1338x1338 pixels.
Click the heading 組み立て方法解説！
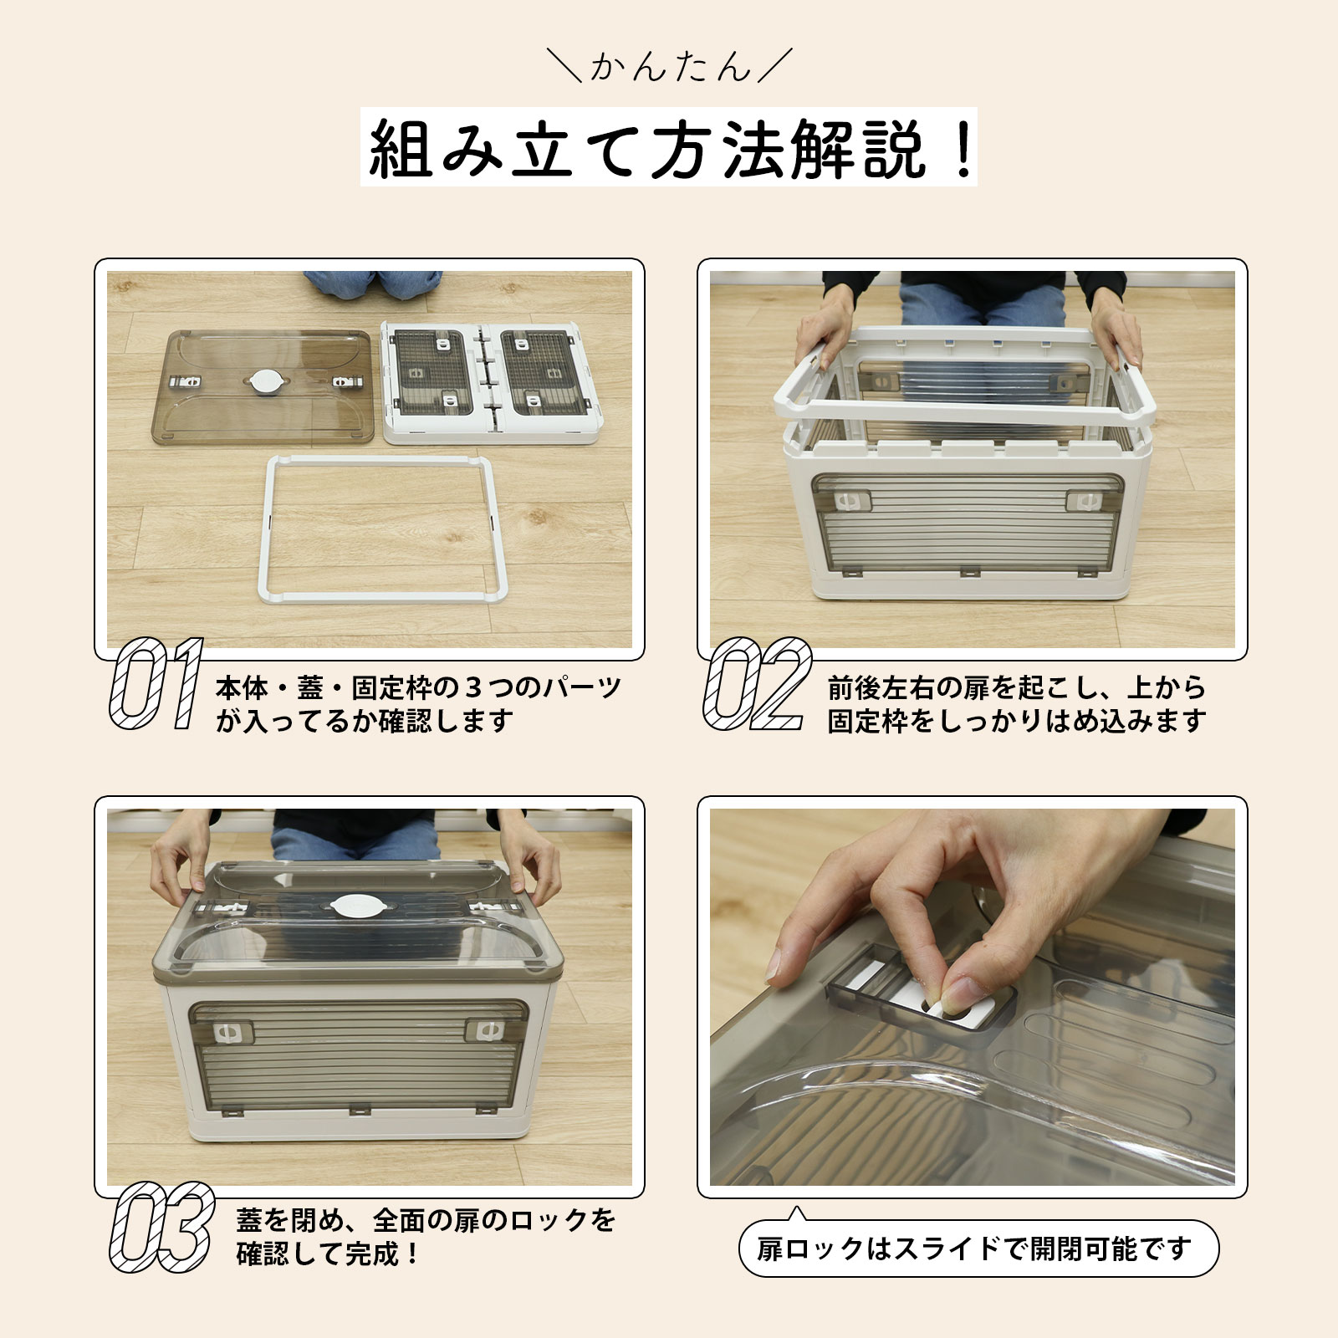pos(669,148)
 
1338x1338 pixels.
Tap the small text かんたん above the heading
pos(670,66)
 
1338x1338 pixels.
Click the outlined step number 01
pos(156,683)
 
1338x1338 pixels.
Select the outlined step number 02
pos(757,683)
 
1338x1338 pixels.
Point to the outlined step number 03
pos(161,1226)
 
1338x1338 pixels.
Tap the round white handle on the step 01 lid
pos(265,382)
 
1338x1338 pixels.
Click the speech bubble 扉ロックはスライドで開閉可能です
pos(978,1249)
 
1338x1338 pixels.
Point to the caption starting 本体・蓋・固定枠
pos(417,704)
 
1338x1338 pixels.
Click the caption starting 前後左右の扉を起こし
pos(1017,704)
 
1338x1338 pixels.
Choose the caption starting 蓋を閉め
pos(426,1237)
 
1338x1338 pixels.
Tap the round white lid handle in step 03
pos(355,905)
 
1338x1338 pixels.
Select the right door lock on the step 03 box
pos(484,1030)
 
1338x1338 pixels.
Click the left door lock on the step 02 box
pos(851,502)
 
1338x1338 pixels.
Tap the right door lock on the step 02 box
pos(1085,501)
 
